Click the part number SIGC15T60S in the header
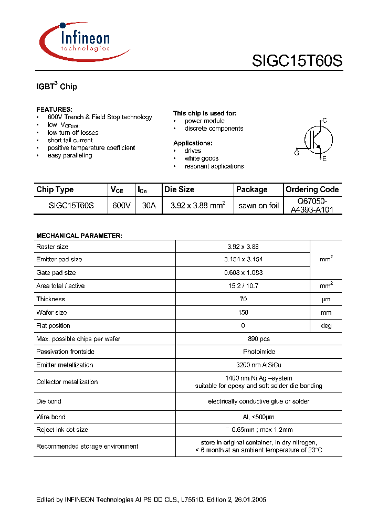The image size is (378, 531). [297, 61]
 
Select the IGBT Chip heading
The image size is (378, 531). [56, 86]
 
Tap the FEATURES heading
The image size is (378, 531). [54, 109]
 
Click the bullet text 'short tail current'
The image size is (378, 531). [70, 140]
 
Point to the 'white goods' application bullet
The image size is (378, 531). [201, 158]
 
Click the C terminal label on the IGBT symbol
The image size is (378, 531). [324, 121]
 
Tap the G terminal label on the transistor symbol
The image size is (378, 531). [297, 153]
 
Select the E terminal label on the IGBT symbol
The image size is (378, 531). [324, 158]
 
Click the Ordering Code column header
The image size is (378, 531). [312, 189]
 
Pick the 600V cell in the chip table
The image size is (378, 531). [121, 206]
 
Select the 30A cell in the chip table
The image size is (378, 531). [149, 206]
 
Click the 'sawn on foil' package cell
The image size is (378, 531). [258, 206]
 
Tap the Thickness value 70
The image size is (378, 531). [243, 299]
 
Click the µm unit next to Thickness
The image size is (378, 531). [326, 299]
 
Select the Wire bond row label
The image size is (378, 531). [51, 417]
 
